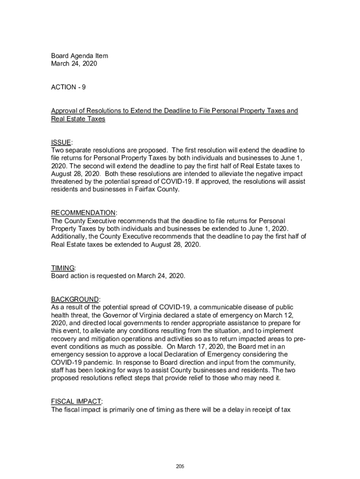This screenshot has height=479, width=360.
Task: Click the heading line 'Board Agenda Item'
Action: [x=79, y=56]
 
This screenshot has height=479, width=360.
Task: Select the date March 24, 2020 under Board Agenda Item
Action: [x=74, y=64]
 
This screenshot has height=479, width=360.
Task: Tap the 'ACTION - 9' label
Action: [x=68, y=87]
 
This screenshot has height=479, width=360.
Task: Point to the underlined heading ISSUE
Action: [x=61, y=142]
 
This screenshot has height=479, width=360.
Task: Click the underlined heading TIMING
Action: [x=63, y=268]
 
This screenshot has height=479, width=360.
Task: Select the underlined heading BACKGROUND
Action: [x=75, y=299]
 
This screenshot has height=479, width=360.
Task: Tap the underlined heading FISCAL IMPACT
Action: [x=76, y=402]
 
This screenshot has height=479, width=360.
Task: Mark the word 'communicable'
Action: [x=221, y=307]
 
